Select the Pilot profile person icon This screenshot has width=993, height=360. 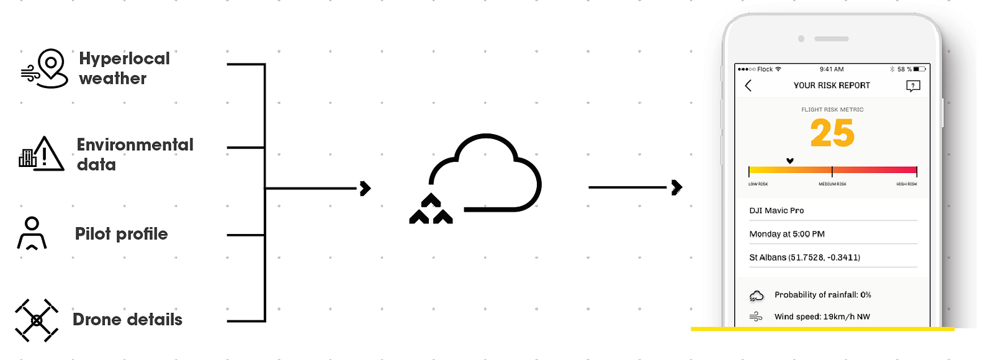pyautogui.click(x=32, y=233)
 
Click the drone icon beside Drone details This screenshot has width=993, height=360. pyautogui.click(x=37, y=320)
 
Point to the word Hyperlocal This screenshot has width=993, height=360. pyautogui.click(x=124, y=58)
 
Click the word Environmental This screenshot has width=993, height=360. pyautogui.click(x=135, y=145)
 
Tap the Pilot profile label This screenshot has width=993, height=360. pyautogui.click(x=121, y=234)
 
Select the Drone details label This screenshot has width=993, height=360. pyautogui.click(x=127, y=320)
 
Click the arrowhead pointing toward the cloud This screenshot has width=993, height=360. pyautogui.click(x=366, y=188)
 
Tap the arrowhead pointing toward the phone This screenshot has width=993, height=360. pyautogui.click(x=677, y=187)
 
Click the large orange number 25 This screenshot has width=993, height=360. pyautogui.click(x=832, y=133)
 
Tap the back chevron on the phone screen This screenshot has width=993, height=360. pyautogui.click(x=748, y=86)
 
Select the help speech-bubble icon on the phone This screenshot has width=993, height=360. pyautogui.click(x=913, y=86)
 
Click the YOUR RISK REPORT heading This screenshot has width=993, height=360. pyautogui.click(x=832, y=86)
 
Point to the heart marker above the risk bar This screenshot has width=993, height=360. pyautogui.click(x=790, y=161)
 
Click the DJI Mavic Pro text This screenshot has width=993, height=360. pyautogui.click(x=776, y=210)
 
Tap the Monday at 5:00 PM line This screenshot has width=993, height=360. pyautogui.click(x=787, y=234)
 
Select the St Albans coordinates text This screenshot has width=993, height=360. pyautogui.click(x=804, y=258)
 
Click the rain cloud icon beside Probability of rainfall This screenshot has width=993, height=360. pyautogui.click(x=757, y=295)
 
